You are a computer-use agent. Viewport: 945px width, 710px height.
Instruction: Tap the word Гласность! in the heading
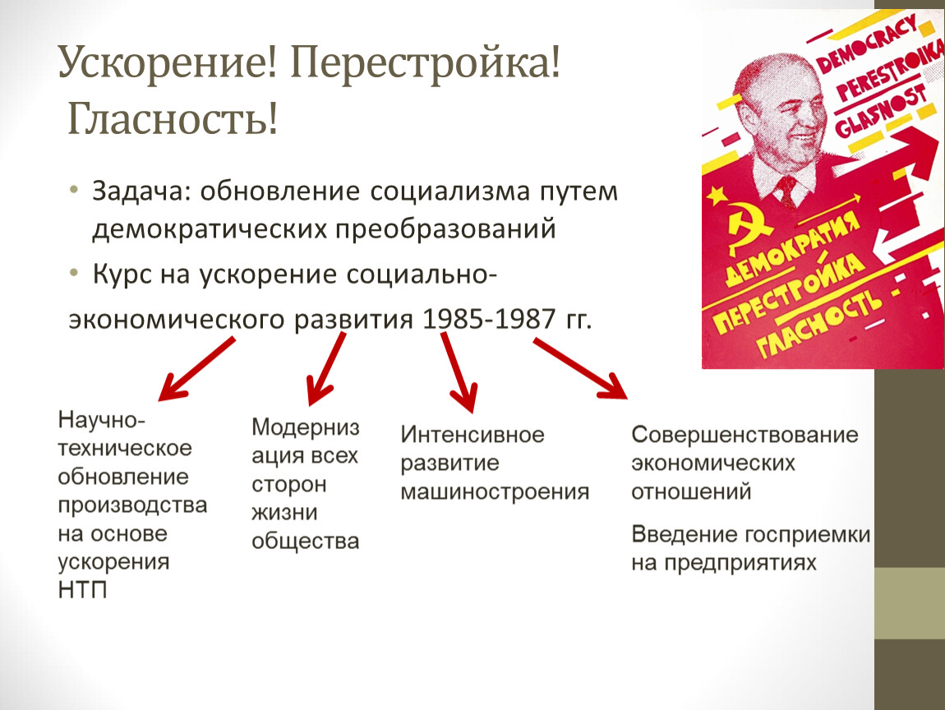pos(173,118)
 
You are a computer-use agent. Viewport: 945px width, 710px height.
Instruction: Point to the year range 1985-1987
pos(489,319)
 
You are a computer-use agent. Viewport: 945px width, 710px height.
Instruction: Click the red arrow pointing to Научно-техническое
pos(196,369)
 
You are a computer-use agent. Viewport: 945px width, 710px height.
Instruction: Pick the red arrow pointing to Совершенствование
pos(580,368)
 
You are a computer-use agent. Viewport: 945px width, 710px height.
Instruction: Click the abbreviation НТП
pos(82,590)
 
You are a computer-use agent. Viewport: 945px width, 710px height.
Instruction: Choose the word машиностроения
pos(495,491)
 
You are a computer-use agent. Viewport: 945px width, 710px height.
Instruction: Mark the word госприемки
pos(807,535)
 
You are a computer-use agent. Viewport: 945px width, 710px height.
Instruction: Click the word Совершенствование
pos(745,435)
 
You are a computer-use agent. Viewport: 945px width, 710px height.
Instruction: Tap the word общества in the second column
pos(306,542)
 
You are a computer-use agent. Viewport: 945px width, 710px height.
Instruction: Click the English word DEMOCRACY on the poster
pos(867,44)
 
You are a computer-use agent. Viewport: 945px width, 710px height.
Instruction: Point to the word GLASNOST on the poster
pos(881,113)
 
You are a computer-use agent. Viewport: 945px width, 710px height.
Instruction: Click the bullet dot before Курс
pos(74,274)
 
